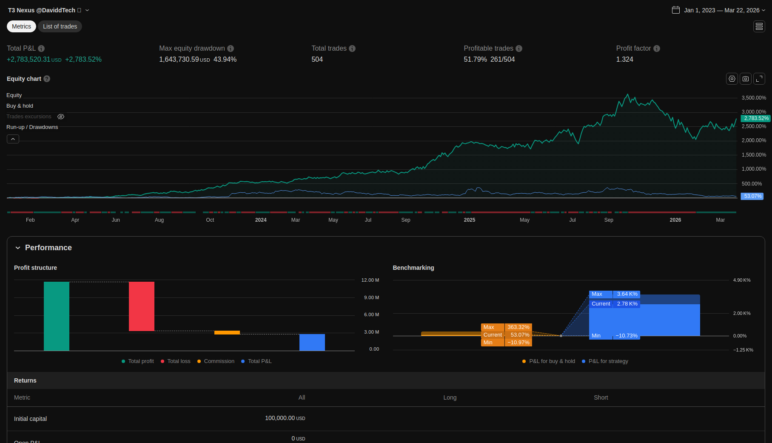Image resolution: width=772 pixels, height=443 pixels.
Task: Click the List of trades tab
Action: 60,26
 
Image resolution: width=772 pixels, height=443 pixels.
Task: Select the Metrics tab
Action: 21,26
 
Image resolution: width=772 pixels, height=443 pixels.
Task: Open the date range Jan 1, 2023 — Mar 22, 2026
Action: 721,10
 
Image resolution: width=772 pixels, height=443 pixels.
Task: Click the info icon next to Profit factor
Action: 657,49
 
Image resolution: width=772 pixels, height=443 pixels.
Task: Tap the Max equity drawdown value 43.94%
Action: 225,60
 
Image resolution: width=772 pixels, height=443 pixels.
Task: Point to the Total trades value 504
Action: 317,60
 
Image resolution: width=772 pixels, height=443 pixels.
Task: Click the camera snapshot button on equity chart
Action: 746,79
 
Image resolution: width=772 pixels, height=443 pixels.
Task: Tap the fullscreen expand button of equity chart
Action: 759,79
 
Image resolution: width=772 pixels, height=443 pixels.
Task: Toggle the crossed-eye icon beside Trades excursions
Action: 61,117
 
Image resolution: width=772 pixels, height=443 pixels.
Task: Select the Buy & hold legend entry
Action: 20,106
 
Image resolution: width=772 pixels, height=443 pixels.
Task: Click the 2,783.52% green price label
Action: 756,118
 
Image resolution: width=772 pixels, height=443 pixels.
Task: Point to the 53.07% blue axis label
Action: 752,196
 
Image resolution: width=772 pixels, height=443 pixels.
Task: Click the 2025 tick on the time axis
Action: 470,220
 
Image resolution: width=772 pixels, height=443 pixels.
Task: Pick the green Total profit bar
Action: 57,316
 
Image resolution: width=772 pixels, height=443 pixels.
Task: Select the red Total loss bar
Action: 142,306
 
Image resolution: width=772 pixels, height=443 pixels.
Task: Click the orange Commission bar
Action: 227,332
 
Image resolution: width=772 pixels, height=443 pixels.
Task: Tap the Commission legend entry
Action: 219,361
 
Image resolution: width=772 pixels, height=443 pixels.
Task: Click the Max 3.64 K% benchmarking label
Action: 615,294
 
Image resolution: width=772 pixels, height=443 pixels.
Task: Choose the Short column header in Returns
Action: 601,397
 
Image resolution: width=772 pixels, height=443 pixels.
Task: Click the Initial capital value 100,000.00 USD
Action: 285,418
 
